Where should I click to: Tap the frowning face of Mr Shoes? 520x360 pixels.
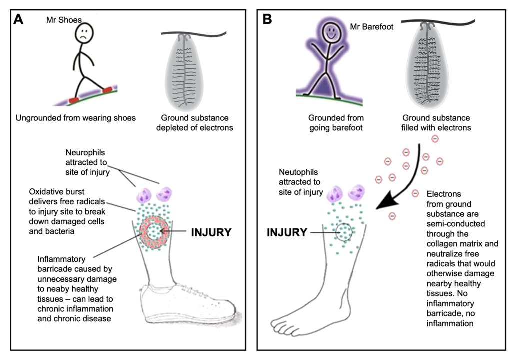point(84,35)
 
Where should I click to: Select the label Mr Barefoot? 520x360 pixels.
point(371,28)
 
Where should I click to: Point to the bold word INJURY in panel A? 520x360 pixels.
point(212,232)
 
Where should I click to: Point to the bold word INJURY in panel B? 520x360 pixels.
point(287,232)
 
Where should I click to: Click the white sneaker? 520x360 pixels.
point(190,305)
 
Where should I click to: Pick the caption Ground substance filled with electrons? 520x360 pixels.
point(435,123)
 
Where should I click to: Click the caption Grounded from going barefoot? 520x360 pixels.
point(330,123)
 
